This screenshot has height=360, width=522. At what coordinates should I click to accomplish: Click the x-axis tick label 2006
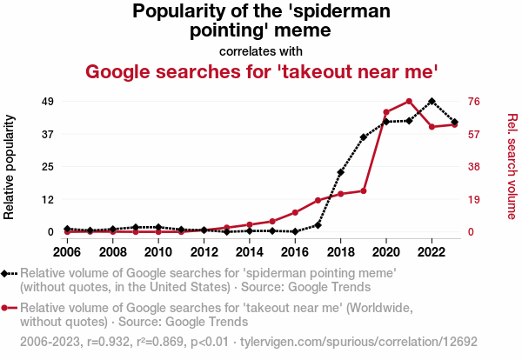click(67, 252)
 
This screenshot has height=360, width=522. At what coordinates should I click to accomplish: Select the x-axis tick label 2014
click(250, 252)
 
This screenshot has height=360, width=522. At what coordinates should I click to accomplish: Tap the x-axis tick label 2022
click(432, 252)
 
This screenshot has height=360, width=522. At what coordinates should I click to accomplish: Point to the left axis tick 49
click(48, 102)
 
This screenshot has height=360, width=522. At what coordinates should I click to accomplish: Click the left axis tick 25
click(48, 167)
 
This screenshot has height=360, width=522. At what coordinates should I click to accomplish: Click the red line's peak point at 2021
click(409, 102)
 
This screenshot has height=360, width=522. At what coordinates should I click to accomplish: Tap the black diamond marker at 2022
click(432, 101)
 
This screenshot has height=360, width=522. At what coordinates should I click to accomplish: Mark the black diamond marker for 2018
click(341, 172)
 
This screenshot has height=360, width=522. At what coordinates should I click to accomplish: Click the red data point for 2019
click(364, 190)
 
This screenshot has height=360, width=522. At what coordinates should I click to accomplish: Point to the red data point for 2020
click(386, 112)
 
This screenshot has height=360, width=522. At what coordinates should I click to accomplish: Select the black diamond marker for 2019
click(364, 137)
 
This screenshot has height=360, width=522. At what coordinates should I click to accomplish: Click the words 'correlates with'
click(260, 50)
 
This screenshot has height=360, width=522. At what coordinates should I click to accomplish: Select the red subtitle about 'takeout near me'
click(260, 70)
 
